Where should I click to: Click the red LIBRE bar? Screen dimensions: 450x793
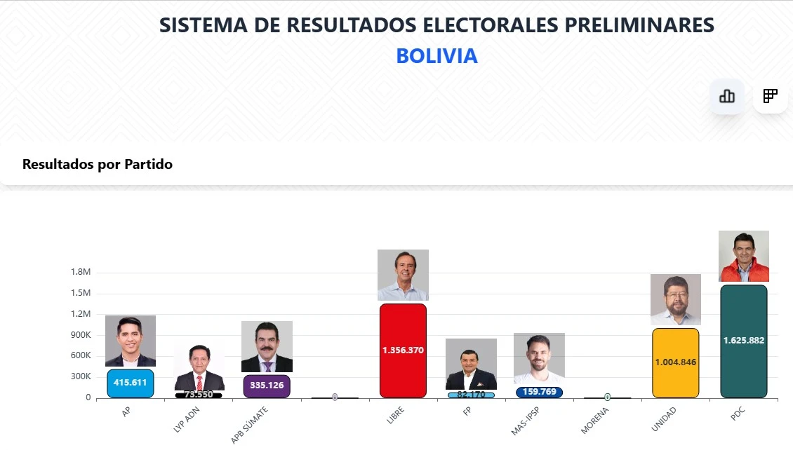403,350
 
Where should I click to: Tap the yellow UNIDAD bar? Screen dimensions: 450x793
675,362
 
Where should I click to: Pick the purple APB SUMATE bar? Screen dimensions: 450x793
267,386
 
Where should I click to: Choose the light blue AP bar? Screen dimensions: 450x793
131,383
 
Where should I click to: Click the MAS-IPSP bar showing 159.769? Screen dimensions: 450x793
539,393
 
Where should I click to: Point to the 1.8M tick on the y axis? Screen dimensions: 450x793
81,272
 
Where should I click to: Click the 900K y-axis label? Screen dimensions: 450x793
81,334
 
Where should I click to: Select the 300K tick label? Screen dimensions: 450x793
81,376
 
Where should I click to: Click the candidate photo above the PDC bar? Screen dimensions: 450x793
744,256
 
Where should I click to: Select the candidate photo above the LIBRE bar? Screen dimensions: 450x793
403,275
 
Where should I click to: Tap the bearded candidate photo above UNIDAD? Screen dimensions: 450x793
675,299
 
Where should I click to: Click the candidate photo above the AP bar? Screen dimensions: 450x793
131,341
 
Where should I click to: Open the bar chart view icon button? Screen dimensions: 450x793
727,96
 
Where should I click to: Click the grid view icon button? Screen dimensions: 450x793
770,96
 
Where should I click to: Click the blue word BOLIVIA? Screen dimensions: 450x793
437,56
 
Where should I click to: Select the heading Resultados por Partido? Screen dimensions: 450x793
98,165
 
